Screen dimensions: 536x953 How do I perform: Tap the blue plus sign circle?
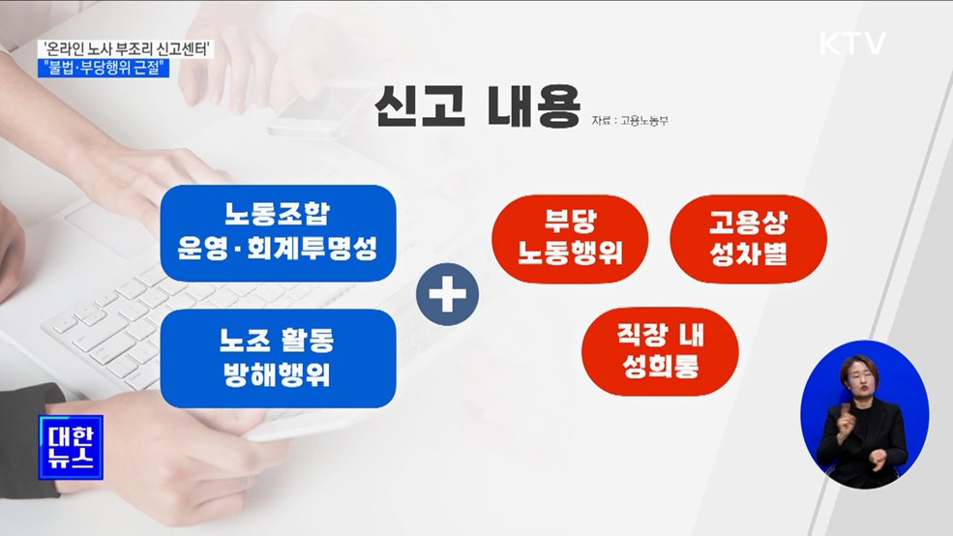[x=447, y=296]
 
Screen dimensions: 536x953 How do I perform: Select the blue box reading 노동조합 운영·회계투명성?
[x=278, y=231]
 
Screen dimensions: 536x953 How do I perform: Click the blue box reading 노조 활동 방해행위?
[x=278, y=357]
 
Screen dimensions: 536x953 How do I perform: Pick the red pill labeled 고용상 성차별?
[x=748, y=238]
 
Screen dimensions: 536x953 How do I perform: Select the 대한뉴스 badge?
[x=72, y=445]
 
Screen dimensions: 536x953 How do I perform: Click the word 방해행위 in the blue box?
[x=278, y=373]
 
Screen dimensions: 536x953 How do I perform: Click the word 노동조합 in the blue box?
[x=278, y=213]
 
